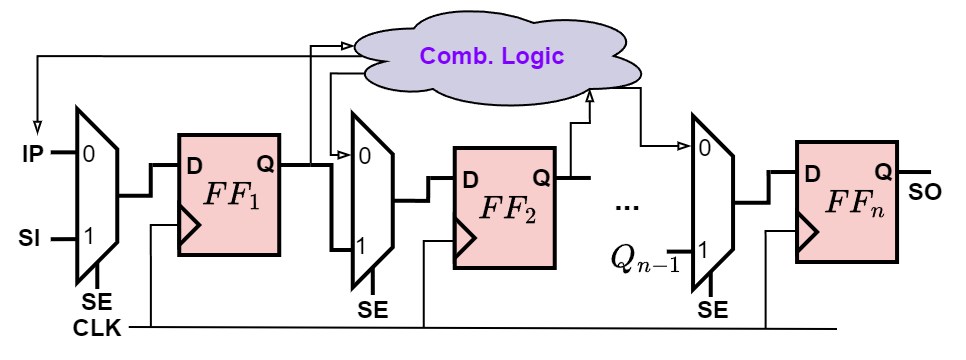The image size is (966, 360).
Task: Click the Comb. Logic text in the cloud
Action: pyautogui.click(x=492, y=56)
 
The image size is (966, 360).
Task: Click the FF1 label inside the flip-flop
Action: pyautogui.click(x=231, y=194)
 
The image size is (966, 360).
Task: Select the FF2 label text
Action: pyautogui.click(x=508, y=208)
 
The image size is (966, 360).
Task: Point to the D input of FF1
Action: pyautogui.click(x=195, y=165)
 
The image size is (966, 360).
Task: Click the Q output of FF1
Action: pyautogui.click(x=265, y=163)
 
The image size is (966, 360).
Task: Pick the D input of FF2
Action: pyautogui.click(x=470, y=180)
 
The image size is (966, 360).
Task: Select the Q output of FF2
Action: pyautogui.click(x=541, y=178)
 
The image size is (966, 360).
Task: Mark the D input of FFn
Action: pyautogui.click(x=812, y=174)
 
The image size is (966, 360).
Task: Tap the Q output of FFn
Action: pyautogui.click(x=883, y=172)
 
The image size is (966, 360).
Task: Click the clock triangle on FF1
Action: pyautogui.click(x=190, y=226)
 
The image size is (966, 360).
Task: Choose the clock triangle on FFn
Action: pyautogui.click(x=808, y=233)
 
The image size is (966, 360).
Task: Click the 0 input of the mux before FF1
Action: pyautogui.click(x=89, y=156)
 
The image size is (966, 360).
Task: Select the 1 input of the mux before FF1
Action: pyautogui.click(x=88, y=237)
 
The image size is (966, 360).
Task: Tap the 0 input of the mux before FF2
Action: pyautogui.click(x=364, y=156)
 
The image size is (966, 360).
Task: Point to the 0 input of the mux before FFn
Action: pyautogui.click(x=704, y=149)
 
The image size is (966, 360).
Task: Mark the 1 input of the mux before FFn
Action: pyautogui.click(x=702, y=250)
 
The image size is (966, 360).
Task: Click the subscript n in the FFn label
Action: pyautogui.click(x=876, y=211)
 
